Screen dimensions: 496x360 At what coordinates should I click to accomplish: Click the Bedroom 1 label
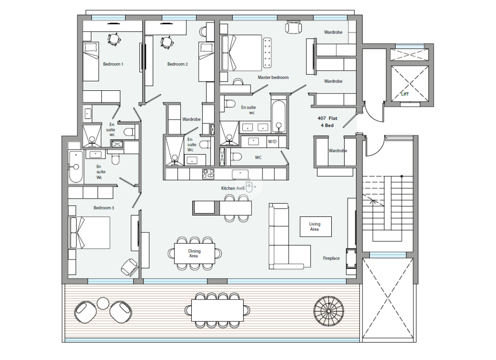[x=113, y=64]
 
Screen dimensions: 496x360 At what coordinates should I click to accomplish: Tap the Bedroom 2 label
[x=178, y=64]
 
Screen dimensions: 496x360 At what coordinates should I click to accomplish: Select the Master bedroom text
[x=273, y=78]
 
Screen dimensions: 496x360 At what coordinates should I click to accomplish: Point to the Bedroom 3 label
[x=103, y=208]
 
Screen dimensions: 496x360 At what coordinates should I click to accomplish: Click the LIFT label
[x=405, y=94]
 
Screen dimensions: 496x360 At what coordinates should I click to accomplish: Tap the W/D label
[x=272, y=142]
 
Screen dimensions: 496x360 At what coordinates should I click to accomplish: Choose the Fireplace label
[x=331, y=258]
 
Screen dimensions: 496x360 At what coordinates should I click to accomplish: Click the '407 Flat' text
[x=328, y=118]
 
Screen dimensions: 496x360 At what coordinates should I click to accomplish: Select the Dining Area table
[x=195, y=254]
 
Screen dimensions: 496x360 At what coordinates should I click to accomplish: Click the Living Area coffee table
[x=316, y=227]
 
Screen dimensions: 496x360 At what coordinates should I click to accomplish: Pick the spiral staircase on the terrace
[x=329, y=311]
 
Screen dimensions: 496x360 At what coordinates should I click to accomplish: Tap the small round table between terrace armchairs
[x=103, y=304]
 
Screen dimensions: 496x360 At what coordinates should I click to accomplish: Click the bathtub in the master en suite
[x=279, y=116]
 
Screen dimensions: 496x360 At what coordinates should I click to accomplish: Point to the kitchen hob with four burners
[x=208, y=174]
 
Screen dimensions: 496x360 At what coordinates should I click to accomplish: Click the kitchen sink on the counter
[x=240, y=174]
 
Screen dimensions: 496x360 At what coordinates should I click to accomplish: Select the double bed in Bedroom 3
[x=89, y=233]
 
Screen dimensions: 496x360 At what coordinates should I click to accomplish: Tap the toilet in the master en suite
[x=230, y=104]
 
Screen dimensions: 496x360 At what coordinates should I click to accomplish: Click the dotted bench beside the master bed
[x=268, y=53]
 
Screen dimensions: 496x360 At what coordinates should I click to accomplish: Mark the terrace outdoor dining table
[x=217, y=310]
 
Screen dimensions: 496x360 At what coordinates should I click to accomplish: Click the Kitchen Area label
[x=233, y=188]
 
